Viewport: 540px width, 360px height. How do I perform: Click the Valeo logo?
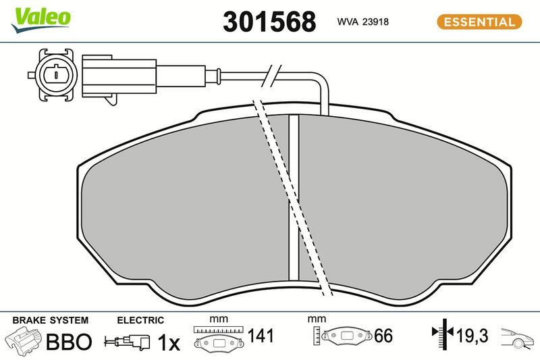point(40,20)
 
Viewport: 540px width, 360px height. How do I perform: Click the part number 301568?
point(269,22)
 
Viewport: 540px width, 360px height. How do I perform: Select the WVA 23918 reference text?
point(362,22)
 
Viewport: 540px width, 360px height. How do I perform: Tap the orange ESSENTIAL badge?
point(479,22)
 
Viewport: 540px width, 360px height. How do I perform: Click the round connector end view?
point(55,75)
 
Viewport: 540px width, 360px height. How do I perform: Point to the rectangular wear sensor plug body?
point(119,76)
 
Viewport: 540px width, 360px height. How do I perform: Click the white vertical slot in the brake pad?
point(294,197)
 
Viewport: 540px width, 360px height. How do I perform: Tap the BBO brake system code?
point(69,342)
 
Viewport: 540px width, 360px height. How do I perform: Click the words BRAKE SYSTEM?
point(50,320)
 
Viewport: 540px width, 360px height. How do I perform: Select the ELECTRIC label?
point(140,320)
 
